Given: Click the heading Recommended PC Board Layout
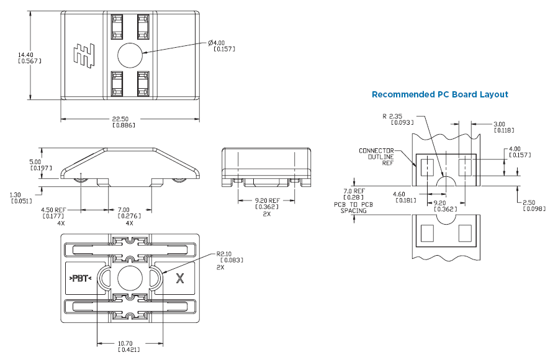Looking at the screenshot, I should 439,94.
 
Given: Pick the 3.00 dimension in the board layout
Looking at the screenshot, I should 502,124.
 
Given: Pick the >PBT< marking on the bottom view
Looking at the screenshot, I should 80,278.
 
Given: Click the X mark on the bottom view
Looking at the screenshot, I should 181,278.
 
